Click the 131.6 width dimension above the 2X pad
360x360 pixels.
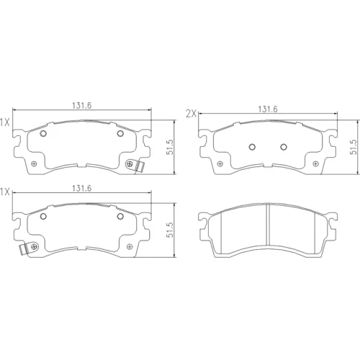pyautogui.click(x=268, y=109)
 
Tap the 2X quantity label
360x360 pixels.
pyautogui.click(x=192, y=114)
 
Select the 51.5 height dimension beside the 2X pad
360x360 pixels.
pyautogui.click(x=354, y=147)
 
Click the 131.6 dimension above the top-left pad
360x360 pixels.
pyautogui.click(x=82, y=106)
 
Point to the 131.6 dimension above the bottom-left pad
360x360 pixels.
pyautogui.click(x=82, y=189)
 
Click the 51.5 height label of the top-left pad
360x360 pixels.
pyautogui.click(x=170, y=147)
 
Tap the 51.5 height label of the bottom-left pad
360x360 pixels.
pyautogui.click(x=170, y=230)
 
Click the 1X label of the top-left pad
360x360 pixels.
pyautogui.click(x=4, y=123)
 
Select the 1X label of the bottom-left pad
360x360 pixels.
pyautogui.click(x=4, y=192)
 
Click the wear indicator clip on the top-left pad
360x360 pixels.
pyautogui.click(x=140, y=167)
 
